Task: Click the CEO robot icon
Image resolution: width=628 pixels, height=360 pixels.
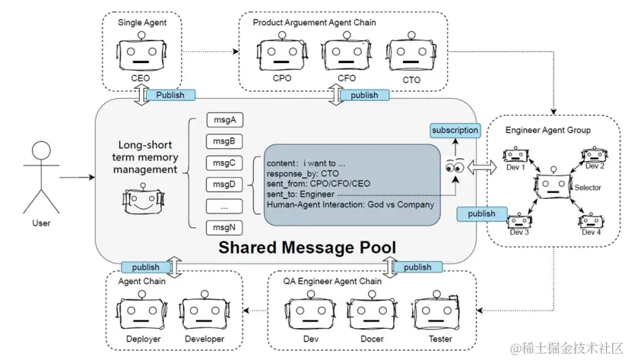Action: point(139,55)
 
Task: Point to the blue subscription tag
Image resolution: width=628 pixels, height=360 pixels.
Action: point(455,131)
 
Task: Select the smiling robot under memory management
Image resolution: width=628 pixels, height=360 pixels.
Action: point(144,201)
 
